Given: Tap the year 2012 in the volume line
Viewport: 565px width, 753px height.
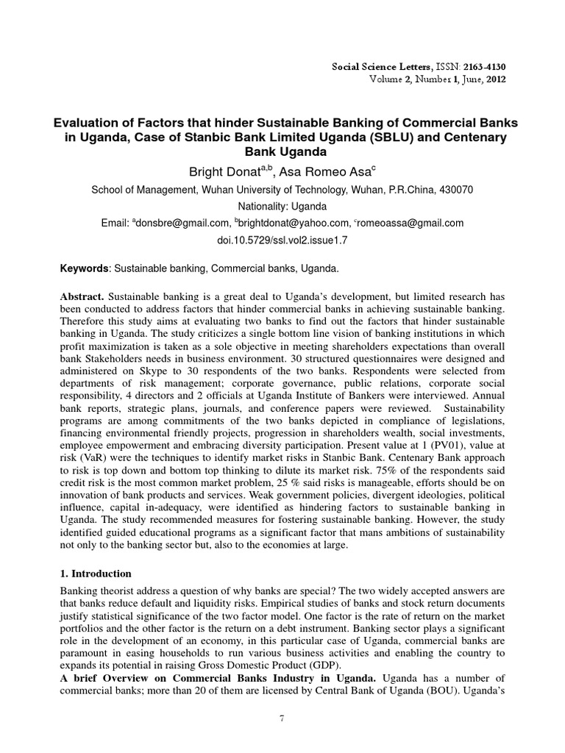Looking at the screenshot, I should point(494,79).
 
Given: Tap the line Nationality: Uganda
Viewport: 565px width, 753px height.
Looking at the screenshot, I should point(282,206).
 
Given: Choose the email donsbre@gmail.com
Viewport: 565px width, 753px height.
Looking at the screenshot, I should point(179,223).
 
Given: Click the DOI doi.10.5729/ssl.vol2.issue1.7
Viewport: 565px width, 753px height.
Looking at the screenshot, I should point(282,240).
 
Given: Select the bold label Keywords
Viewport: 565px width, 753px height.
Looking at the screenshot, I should point(84,270).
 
